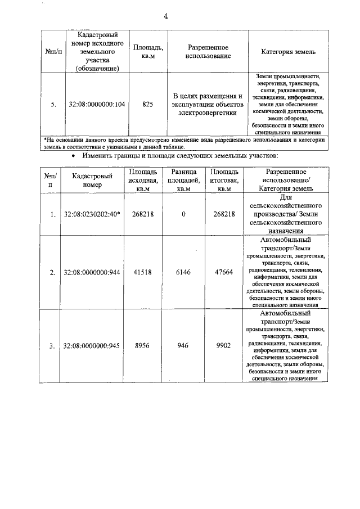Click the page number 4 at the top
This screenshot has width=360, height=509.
(x=166, y=16)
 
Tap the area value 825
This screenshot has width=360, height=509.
(x=148, y=104)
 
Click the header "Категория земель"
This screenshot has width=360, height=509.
(x=288, y=52)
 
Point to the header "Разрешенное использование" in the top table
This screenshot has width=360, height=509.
(x=208, y=52)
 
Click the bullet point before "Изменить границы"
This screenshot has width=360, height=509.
(x=73, y=155)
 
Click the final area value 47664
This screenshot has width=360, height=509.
(x=224, y=273)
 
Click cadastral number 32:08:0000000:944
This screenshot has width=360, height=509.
(x=93, y=273)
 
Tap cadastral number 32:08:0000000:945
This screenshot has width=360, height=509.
(x=93, y=346)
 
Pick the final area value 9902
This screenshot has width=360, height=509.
(x=224, y=346)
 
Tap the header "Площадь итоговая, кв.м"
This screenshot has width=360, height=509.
(x=224, y=180)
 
